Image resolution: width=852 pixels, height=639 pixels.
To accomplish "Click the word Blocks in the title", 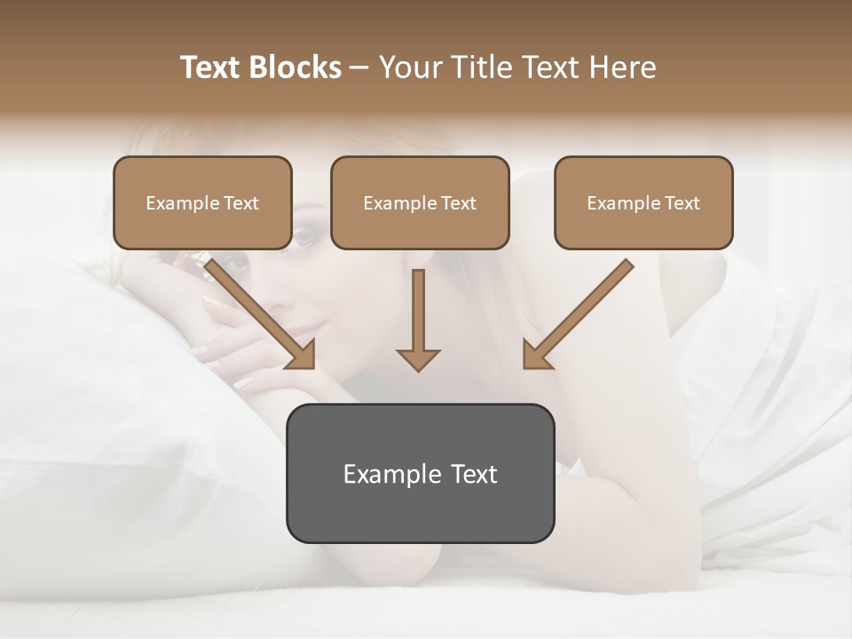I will coord(296,67).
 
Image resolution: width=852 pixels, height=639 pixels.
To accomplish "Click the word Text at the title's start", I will coord(211,67).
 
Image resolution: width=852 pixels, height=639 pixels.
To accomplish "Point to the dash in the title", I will coord(359,68).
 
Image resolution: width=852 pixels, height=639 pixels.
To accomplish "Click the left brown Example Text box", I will coord(202,202).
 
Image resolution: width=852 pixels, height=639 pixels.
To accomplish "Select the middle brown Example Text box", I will coord(420,202).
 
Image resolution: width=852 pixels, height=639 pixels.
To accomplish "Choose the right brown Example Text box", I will coord(643,202).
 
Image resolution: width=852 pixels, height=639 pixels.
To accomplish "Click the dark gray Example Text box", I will coord(420,473).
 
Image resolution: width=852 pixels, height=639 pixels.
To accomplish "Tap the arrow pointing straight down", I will coord(418,319).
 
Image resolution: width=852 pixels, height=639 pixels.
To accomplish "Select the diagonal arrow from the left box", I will coord(257,311).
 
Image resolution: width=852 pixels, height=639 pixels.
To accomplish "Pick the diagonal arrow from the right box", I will coord(581,311).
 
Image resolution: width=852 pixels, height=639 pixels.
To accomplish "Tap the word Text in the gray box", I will coord(475,474).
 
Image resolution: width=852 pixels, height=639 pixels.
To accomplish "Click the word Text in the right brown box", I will coord(682,203).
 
